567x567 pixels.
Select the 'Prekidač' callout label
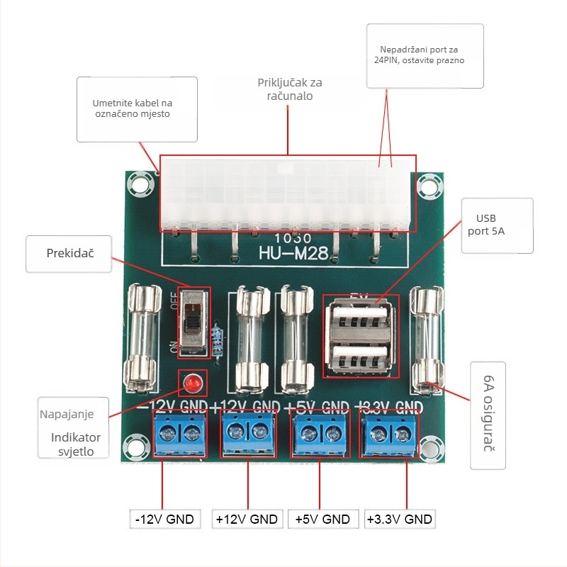point(69,253)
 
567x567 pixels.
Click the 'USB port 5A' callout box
point(496,225)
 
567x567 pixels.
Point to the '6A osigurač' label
point(488,415)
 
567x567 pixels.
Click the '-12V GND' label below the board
point(165,519)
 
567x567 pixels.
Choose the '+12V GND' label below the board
point(247,519)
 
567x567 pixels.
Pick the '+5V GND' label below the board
point(322,519)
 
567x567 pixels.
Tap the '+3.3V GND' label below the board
point(399,519)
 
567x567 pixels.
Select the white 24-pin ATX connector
point(287,193)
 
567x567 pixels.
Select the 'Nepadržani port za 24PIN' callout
point(425,55)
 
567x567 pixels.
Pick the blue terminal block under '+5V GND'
point(320,432)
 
